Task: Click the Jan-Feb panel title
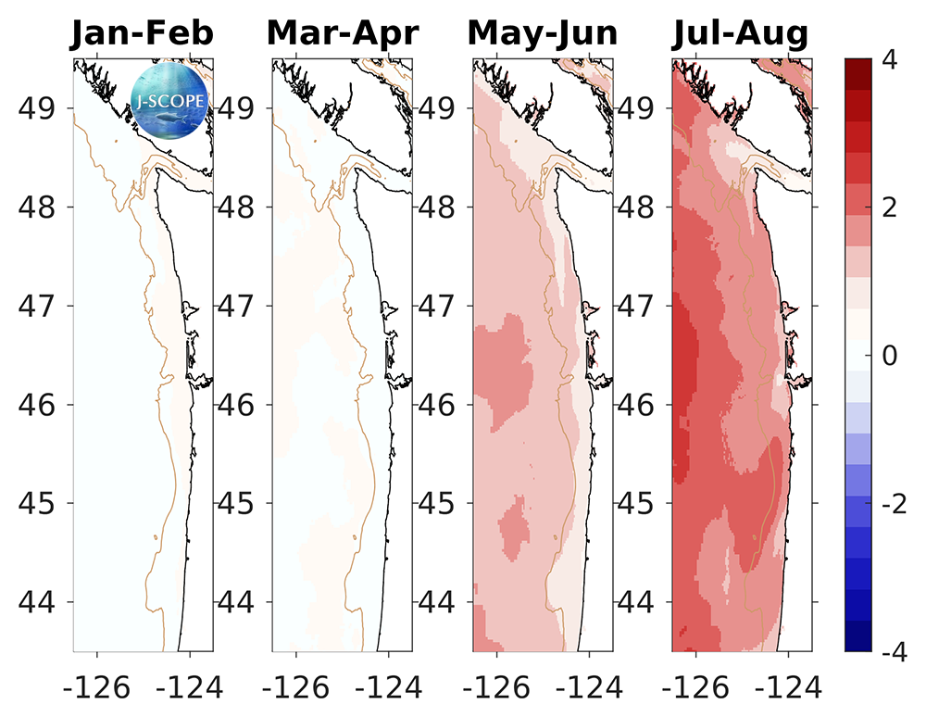click(144, 34)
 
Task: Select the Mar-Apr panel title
click(343, 34)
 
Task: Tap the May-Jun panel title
click(543, 34)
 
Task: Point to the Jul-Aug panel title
click(740, 34)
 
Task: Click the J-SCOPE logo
click(169, 96)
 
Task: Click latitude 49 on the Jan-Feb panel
click(40, 107)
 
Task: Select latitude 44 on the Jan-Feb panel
click(40, 603)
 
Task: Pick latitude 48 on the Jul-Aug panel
click(639, 207)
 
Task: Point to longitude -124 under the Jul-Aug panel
click(788, 686)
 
